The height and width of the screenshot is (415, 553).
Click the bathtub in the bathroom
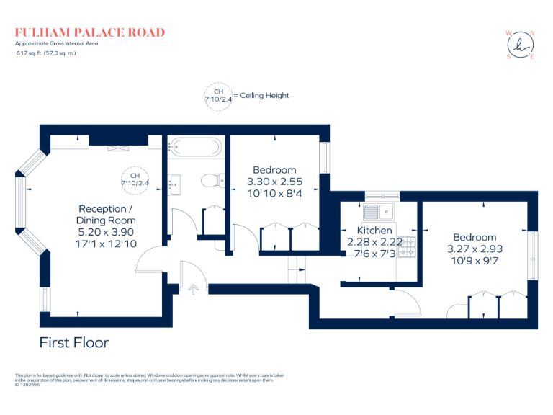point(197,148)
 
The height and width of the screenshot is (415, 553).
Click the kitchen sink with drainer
point(378,212)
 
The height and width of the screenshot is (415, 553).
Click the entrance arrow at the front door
point(193,289)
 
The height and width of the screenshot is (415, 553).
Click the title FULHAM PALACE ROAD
point(90,32)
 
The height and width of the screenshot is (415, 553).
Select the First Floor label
point(74,342)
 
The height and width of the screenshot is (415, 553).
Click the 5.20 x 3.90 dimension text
point(107,232)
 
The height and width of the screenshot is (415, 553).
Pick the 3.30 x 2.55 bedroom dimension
point(274,182)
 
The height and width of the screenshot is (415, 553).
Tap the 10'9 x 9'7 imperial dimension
point(475,260)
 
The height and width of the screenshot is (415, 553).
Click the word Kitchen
point(374,231)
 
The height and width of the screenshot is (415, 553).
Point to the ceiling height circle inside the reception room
point(134,180)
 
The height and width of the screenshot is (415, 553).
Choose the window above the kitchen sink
point(382,195)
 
